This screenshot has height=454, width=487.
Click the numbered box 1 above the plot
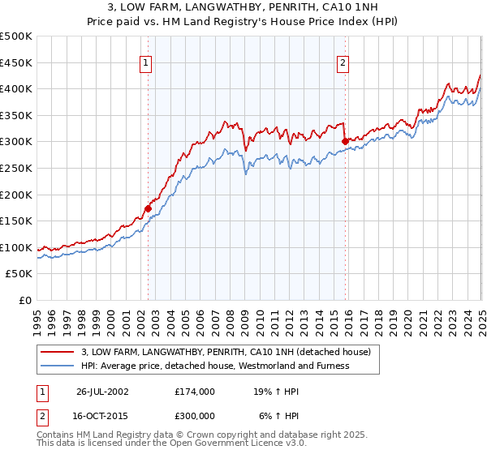(146, 62)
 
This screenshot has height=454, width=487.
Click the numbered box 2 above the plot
(343, 62)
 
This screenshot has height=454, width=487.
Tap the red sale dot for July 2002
(148, 208)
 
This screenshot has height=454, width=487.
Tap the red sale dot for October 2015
(345, 141)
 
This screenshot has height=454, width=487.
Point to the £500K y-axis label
(16, 36)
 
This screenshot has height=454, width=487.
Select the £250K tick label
(16, 168)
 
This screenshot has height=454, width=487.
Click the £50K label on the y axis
(19, 274)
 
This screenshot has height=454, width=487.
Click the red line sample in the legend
(58, 352)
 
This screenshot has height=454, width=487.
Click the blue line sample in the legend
(58, 366)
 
